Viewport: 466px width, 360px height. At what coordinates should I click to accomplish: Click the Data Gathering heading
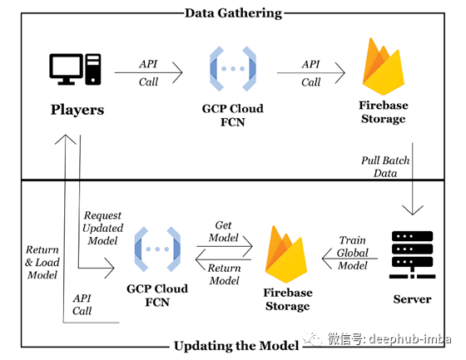(233, 13)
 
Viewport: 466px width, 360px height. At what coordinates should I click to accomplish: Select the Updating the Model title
(236, 346)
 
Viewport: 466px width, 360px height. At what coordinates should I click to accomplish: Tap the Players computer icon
(75, 69)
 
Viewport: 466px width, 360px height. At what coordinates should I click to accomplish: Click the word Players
(77, 110)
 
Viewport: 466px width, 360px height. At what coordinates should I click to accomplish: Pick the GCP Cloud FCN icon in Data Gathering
(233, 69)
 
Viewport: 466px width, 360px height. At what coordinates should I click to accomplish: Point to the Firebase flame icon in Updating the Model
(286, 254)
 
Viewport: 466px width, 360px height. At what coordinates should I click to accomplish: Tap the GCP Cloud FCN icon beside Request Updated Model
(157, 249)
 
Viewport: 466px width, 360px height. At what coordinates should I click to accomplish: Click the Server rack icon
(412, 255)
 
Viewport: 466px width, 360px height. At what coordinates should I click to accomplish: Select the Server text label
(412, 299)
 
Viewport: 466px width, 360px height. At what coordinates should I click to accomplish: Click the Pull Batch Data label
(385, 166)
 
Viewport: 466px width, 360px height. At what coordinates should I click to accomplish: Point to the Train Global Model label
(353, 253)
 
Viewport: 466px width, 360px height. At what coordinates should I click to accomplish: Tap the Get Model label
(224, 231)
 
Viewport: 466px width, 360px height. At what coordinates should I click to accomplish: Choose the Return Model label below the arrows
(225, 274)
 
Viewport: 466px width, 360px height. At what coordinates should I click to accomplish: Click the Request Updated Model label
(103, 228)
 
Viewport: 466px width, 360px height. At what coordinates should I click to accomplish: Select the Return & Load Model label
(42, 262)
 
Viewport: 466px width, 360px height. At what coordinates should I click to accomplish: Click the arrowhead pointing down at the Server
(412, 210)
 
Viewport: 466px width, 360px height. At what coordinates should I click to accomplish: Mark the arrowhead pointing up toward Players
(66, 140)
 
